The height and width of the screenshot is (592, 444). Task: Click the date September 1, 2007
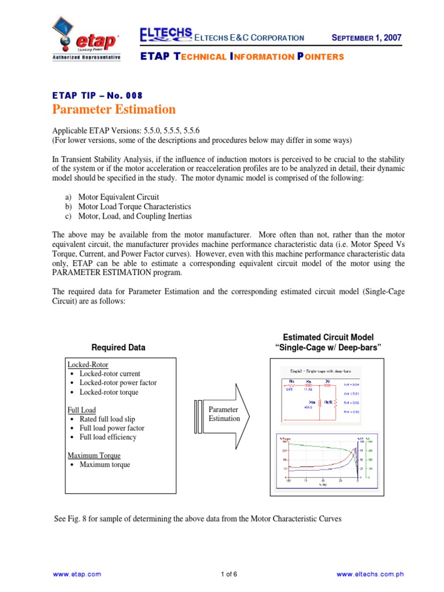pyautogui.click(x=367, y=38)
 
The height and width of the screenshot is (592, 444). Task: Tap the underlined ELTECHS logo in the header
pyautogui.click(x=166, y=36)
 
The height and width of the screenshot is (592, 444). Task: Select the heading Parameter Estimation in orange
pyautogui.click(x=114, y=109)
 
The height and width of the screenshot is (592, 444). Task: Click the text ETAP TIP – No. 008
pyautogui.click(x=97, y=95)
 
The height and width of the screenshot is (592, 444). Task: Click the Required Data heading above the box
pyautogui.click(x=119, y=347)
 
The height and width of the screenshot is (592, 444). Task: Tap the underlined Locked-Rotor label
pyautogui.click(x=87, y=365)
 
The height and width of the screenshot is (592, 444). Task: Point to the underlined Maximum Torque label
pyautogui.click(x=94, y=456)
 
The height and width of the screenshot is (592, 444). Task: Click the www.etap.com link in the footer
pyautogui.click(x=77, y=574)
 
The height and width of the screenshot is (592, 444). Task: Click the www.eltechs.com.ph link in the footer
pyautogui.click(x=369, y=574)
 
